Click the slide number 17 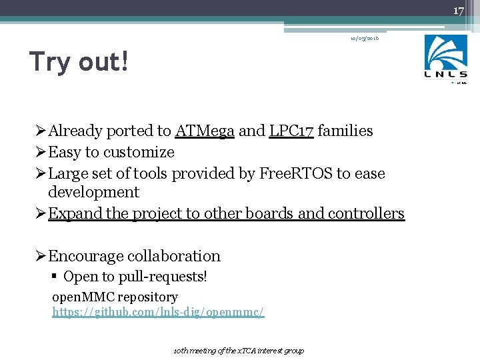point(458,11)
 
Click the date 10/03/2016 point(365,39)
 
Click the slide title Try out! point(79,62)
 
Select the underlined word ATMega point(205,131)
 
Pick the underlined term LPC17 point(291,131)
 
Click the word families point(345,131)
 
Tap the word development point(93,193)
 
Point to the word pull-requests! point(165,277)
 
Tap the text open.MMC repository point(115,297)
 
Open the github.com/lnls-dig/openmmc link point(159,311)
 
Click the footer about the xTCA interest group point(239,351)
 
